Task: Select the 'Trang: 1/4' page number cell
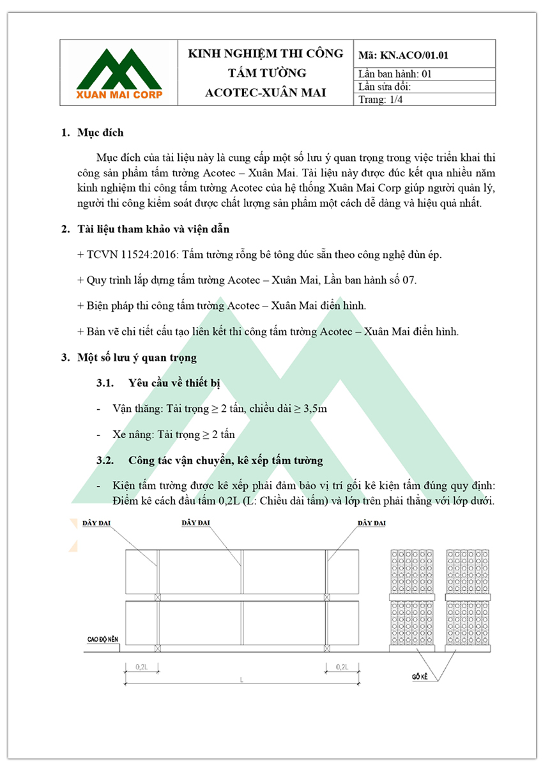pos(381,99)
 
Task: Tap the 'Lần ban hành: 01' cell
pos(395,73)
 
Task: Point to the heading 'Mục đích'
pos(100,133)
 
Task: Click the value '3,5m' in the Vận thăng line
pos(314,409)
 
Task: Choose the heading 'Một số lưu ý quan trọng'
pos(137,357)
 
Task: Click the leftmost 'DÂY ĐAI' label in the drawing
pos(97,523)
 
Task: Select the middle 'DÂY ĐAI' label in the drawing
pos(195,523)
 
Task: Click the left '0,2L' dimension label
pos(142,667)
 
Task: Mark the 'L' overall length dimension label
pos(242,680)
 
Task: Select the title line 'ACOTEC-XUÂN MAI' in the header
pos(266,93)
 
